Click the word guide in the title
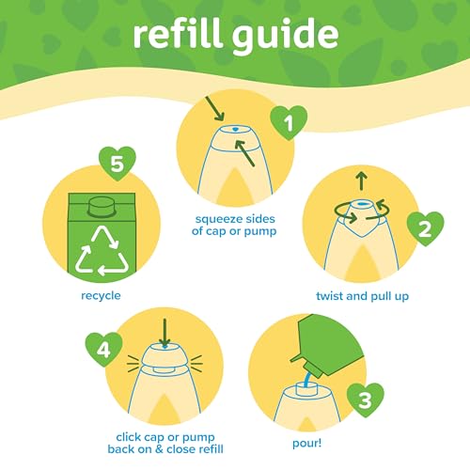click(286, 35)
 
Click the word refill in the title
click(177, 33)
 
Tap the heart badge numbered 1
click(289, 122)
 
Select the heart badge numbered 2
click(425, 228)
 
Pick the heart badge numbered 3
click(366, 399)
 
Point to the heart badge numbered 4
click(103, 349)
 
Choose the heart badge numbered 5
click(117, 164)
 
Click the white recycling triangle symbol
click(102, 251)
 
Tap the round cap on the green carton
click(102, 207)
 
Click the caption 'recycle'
click(101, 295)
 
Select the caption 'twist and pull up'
click(363, 296)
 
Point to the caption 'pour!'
click(307, 443)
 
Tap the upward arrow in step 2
click(362, 180)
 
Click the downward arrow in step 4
click(164, 333)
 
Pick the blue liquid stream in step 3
click(308, 380)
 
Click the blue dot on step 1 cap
click(235, 129)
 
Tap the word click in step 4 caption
click(129, 437)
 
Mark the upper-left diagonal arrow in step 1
click(214, 108)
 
